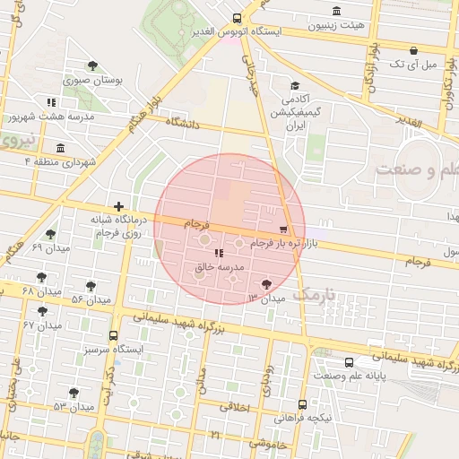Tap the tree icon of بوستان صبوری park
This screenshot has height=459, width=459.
pos(92,65)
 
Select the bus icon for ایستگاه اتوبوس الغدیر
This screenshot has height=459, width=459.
pos(237,18)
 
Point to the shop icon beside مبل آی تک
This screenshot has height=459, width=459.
pos(412,50)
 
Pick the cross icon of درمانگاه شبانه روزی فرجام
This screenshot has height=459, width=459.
pos(118,207)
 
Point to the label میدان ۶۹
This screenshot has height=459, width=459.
pos(49,247)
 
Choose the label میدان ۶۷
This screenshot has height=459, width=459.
pos(42,325)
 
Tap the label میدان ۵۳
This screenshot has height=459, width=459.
pos(73,407)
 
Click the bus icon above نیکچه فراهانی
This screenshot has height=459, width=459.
pos(303,404)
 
